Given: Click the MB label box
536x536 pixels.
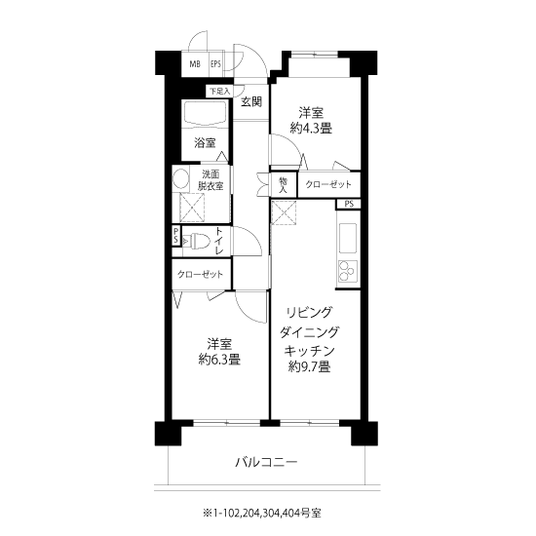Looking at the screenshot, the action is (x=195, y=64).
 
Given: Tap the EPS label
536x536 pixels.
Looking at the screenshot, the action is (x=215, y=64).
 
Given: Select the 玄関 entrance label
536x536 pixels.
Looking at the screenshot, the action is (x=251, y=101).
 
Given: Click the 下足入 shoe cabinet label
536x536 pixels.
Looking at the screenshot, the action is (x=219, y=92).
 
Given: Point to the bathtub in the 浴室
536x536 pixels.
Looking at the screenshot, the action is (x=205, y=114).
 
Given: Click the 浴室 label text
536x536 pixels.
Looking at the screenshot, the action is (x=205, y=142).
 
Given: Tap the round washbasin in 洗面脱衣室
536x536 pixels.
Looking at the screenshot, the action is (x=180, y=178).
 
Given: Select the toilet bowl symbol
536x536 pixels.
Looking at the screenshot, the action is (x=197, y=242).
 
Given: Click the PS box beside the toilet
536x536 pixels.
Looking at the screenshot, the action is (x=175, y=236).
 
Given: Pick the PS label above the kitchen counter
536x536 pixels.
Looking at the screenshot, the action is (x=349, y=204).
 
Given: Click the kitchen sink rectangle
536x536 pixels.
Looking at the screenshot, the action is (x=348, y=238).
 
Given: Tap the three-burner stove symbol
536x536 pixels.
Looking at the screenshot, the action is (x=348, y=271).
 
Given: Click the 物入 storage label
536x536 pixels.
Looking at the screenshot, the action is (x=283, y=185).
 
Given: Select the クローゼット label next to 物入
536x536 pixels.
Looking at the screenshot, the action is (x=328, y=184).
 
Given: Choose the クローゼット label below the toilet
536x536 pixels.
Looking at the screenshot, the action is (x=200, y=274).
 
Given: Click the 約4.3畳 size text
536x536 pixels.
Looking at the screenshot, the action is (x=311, y=129).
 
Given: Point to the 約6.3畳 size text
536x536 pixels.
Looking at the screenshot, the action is (x=219, y=360).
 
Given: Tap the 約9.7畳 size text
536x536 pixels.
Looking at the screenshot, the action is (x=309, y=366).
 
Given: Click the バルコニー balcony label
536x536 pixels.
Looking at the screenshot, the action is (x=267, y=463).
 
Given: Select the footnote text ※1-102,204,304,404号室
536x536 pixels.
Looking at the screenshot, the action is (x=262, y=513).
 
